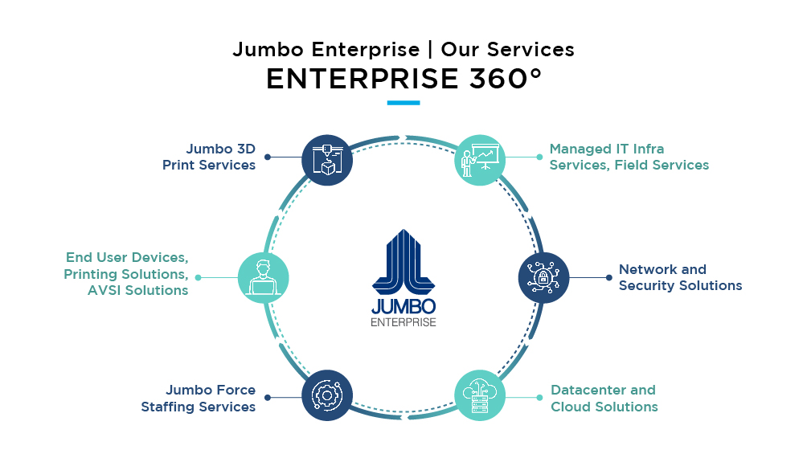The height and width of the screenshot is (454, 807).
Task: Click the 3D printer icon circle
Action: tap(327, 160)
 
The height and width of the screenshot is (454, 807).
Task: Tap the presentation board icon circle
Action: tap(480, 160)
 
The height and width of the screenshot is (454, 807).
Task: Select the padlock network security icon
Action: tap(543, 278)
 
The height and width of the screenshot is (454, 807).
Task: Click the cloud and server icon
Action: tap(480, 395)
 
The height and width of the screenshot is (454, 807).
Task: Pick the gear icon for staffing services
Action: tap(327, 395)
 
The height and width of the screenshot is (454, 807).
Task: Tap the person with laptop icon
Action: tap(263, 278)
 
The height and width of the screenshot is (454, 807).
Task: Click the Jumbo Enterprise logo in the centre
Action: tap(403, 278)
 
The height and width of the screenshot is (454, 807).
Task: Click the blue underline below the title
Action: tap(403, 103)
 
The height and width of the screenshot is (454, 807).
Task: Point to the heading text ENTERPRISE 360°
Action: tap(404, 79)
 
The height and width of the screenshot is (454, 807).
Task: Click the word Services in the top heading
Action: tap(530, 49)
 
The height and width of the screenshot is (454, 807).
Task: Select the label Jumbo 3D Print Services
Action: tap(209, 157)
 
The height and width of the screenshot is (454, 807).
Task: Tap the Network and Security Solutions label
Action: tap(680, 277)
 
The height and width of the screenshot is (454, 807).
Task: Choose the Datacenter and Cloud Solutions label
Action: tap(604, 399)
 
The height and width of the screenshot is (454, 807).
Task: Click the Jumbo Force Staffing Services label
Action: tap(199, 399)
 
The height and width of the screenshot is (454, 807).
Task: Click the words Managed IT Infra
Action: tap(607, 149)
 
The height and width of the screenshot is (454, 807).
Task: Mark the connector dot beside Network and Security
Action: tap(608, 277)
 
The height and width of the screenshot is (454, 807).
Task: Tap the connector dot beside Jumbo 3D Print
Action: tap(267, 157)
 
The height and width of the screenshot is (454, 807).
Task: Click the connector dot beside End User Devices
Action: tap(199, 277)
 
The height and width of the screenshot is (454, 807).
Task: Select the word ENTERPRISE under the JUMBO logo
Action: tap(403, 322)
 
